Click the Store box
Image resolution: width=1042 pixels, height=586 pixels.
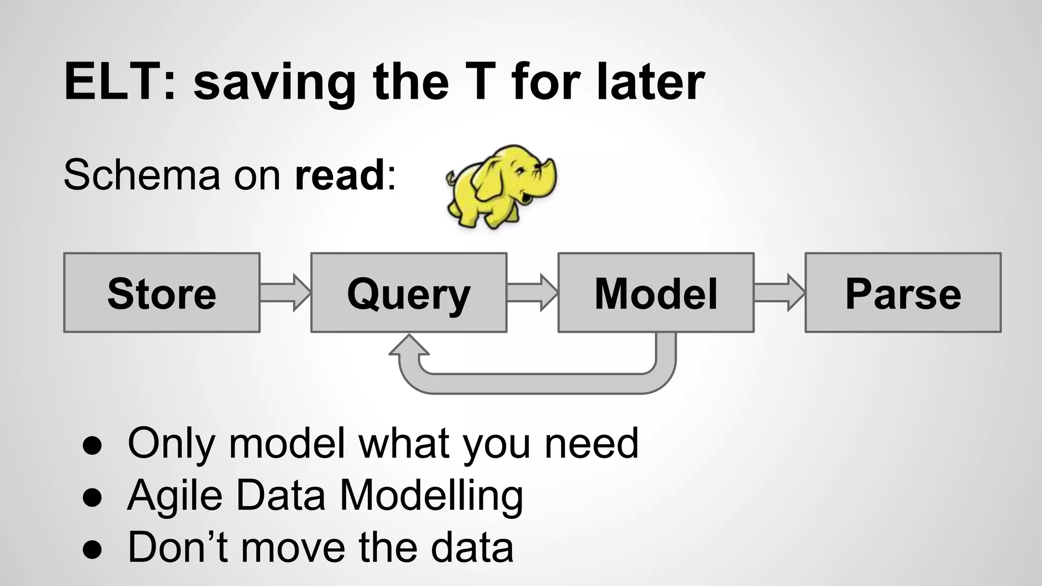pos(162,293)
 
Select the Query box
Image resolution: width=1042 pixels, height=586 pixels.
pos(409,293)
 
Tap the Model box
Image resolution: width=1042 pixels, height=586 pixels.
pos(656,293)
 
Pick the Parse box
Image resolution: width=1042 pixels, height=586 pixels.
pos(903,293)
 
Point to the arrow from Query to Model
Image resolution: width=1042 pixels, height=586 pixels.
pos(532,292)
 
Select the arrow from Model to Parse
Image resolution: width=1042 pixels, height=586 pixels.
pos(779,292)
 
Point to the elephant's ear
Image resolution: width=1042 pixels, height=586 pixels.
pos(491,175)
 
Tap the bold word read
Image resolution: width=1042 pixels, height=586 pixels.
pos(340,175)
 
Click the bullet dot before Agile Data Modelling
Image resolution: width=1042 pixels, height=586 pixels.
pos(92,496)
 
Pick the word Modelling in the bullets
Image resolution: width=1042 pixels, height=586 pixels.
pos(431,495)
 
